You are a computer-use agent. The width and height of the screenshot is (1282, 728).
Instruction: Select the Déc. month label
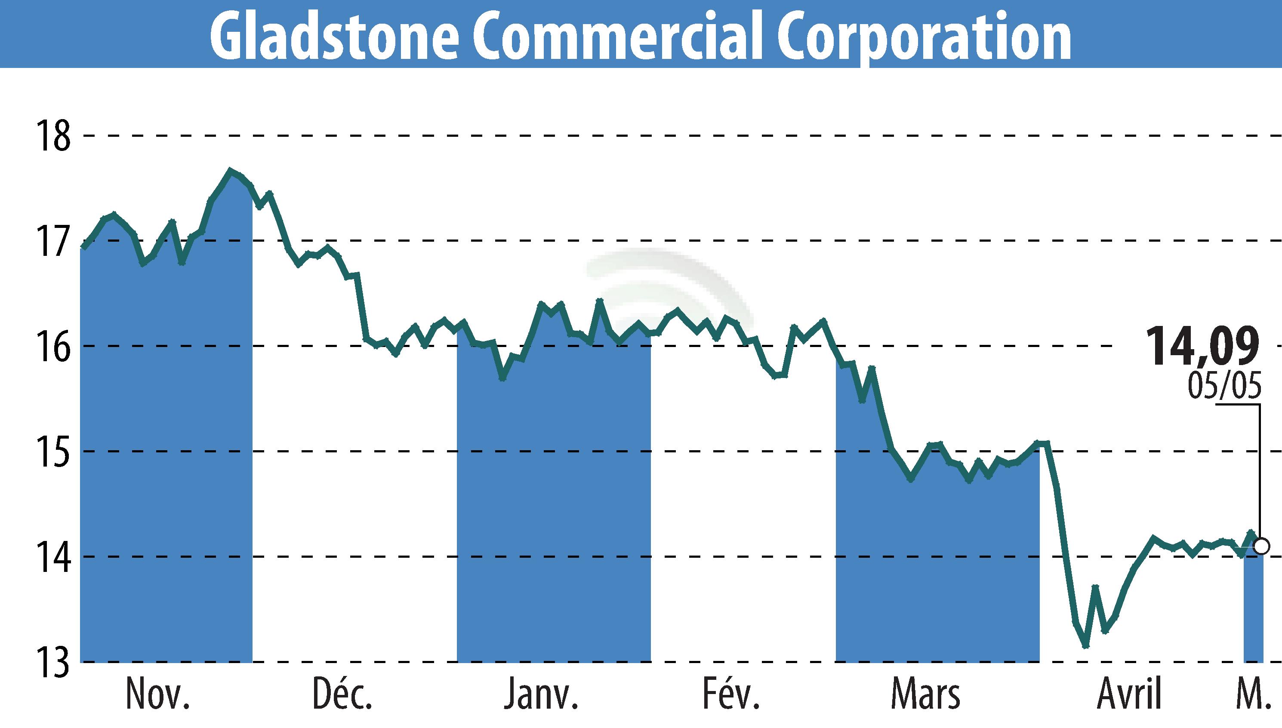[x=342, y=694]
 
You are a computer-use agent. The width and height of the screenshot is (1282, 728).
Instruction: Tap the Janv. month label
[x=541, y=694]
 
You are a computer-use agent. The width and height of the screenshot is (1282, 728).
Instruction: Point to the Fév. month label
[x=731, y=694]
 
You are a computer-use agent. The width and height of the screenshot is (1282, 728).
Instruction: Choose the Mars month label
[x=925, y=694]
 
